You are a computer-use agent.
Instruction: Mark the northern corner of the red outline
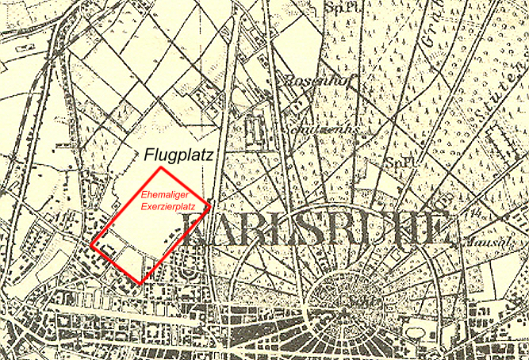pos(162,168)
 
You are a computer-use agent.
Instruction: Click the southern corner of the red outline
pos(141,283)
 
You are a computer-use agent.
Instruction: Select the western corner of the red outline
pos(92,245)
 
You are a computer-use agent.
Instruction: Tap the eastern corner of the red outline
pos(211,207)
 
